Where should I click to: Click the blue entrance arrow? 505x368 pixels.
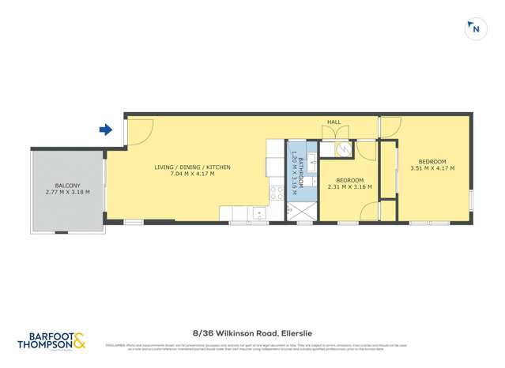coord(106,130)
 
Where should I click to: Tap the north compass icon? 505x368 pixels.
coord(475,29)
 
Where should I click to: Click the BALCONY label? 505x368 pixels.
coord(67,185)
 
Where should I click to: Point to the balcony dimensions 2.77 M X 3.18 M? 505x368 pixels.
coord(67,192)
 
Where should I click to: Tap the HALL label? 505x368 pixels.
coord(334,122)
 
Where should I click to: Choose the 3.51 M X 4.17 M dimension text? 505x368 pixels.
coord(432,167)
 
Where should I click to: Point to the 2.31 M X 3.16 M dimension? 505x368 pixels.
coord(349,187)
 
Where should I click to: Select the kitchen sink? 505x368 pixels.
coord(259,213)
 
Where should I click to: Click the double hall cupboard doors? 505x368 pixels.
coord(334,133)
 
